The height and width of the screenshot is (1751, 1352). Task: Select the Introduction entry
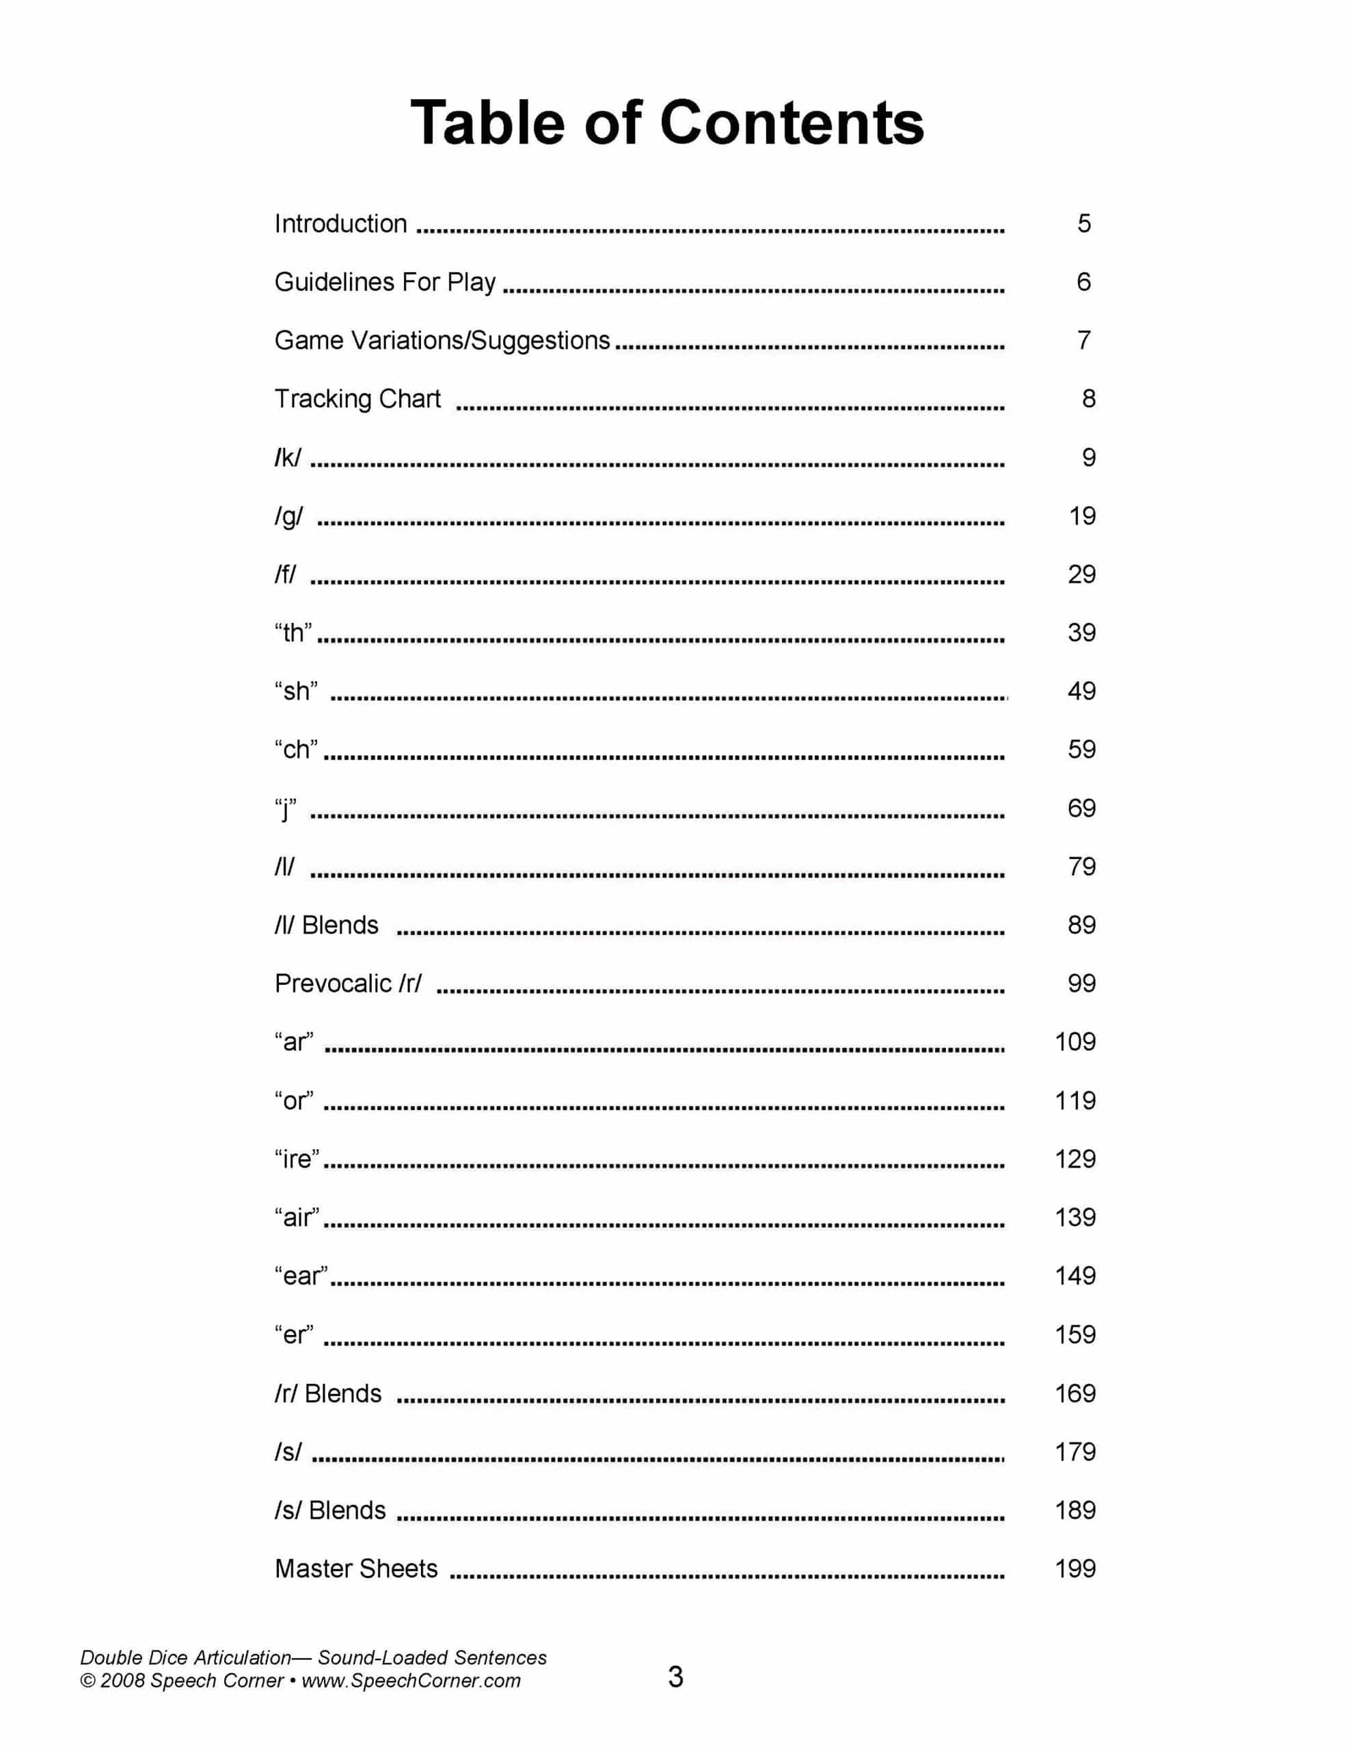[x=340, y=224]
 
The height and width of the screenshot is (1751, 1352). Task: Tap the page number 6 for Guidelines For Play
[x=1083, y=282]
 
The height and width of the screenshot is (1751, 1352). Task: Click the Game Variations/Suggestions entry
[x=442, y=341]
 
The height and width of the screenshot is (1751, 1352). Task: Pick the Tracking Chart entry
[x=357, y=399]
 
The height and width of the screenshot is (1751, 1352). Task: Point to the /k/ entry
[x=288, y=458]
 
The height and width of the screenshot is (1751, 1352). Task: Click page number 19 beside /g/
[x=1082, y=516]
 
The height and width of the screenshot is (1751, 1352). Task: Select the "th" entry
[x=293, y=633]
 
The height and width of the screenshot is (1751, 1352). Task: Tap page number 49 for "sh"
[x=1081, y=691]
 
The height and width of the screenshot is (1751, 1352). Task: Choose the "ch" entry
[x=296, y=750]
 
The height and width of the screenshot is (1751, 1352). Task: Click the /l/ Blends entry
[x=326, y=925]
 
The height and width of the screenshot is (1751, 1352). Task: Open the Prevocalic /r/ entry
[x=348, y=984]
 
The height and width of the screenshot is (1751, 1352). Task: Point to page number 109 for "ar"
[x=1074, y=1042]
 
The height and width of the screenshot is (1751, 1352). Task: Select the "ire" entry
[x=297, y=1159]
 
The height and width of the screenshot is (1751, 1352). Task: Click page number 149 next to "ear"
[x=1074, y=1276]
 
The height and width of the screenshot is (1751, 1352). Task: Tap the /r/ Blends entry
[x=328, y=1393]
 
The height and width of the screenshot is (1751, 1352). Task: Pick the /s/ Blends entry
[x=330, y=1510]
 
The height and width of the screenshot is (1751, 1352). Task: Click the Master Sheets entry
[x=357, y=1569]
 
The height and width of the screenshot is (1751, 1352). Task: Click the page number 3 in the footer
[x=675, y=1677]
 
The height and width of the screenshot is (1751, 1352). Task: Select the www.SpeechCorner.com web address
[x=411, y=1681]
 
